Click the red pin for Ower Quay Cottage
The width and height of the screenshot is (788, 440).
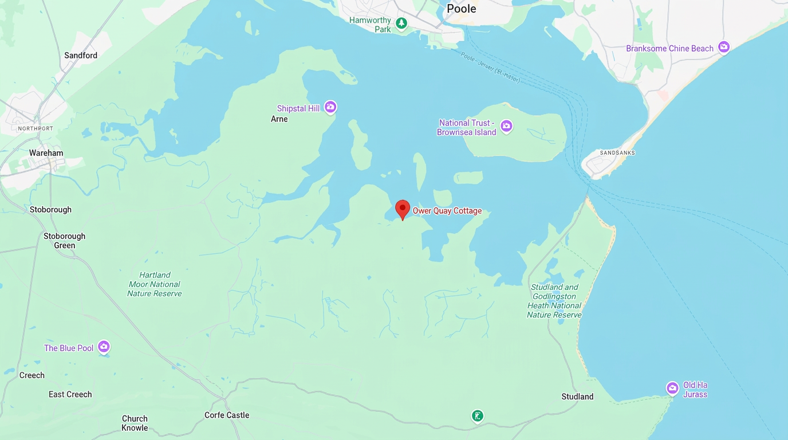coord(403,209)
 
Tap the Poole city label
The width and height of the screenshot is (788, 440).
coord(461,9)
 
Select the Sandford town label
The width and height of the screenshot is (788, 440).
coord(81,56)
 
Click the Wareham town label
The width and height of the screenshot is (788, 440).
coord(46,153)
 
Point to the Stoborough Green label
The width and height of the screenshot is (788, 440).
coord(64,241)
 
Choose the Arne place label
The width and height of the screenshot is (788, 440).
coord(279,119)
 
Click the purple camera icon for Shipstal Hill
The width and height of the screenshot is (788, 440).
coord(330,108)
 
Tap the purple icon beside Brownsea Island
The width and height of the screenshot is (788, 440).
coord(506,126)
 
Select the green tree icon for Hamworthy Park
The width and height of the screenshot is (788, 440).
coord(402,23)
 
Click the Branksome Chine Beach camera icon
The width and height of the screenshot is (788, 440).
coord(724,48)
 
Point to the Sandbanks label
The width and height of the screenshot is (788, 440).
coord(617,153)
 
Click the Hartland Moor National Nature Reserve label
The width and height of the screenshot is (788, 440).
coord(155,284)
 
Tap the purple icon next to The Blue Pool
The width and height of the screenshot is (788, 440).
coord(104,347)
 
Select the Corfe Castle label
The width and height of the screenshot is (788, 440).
coord(227,415)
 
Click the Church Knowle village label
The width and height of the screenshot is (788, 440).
coord(135,423)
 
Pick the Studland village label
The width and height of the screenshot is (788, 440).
coord(577,396)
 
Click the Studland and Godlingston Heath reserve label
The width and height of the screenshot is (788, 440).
coord(554,301)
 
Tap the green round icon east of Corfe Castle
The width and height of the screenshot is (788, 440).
coord(478,416)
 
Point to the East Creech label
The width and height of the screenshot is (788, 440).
coord(70,394)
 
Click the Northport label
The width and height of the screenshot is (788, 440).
coord(36,128)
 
